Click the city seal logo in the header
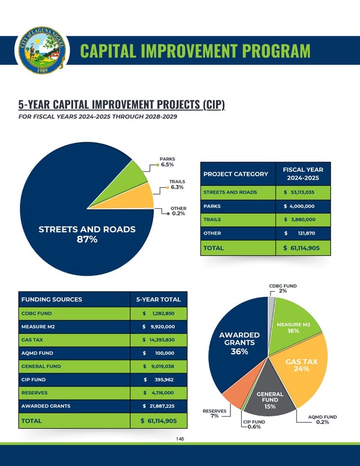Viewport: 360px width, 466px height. pos(42,49)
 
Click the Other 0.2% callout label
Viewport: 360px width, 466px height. pos(178,211)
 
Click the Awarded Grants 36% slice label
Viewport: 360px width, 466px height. pos(239,343)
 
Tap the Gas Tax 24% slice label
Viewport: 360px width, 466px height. pos(301,365)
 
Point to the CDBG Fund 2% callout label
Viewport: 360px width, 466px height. pos(283,288)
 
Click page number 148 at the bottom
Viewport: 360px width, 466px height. pos(180,439)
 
